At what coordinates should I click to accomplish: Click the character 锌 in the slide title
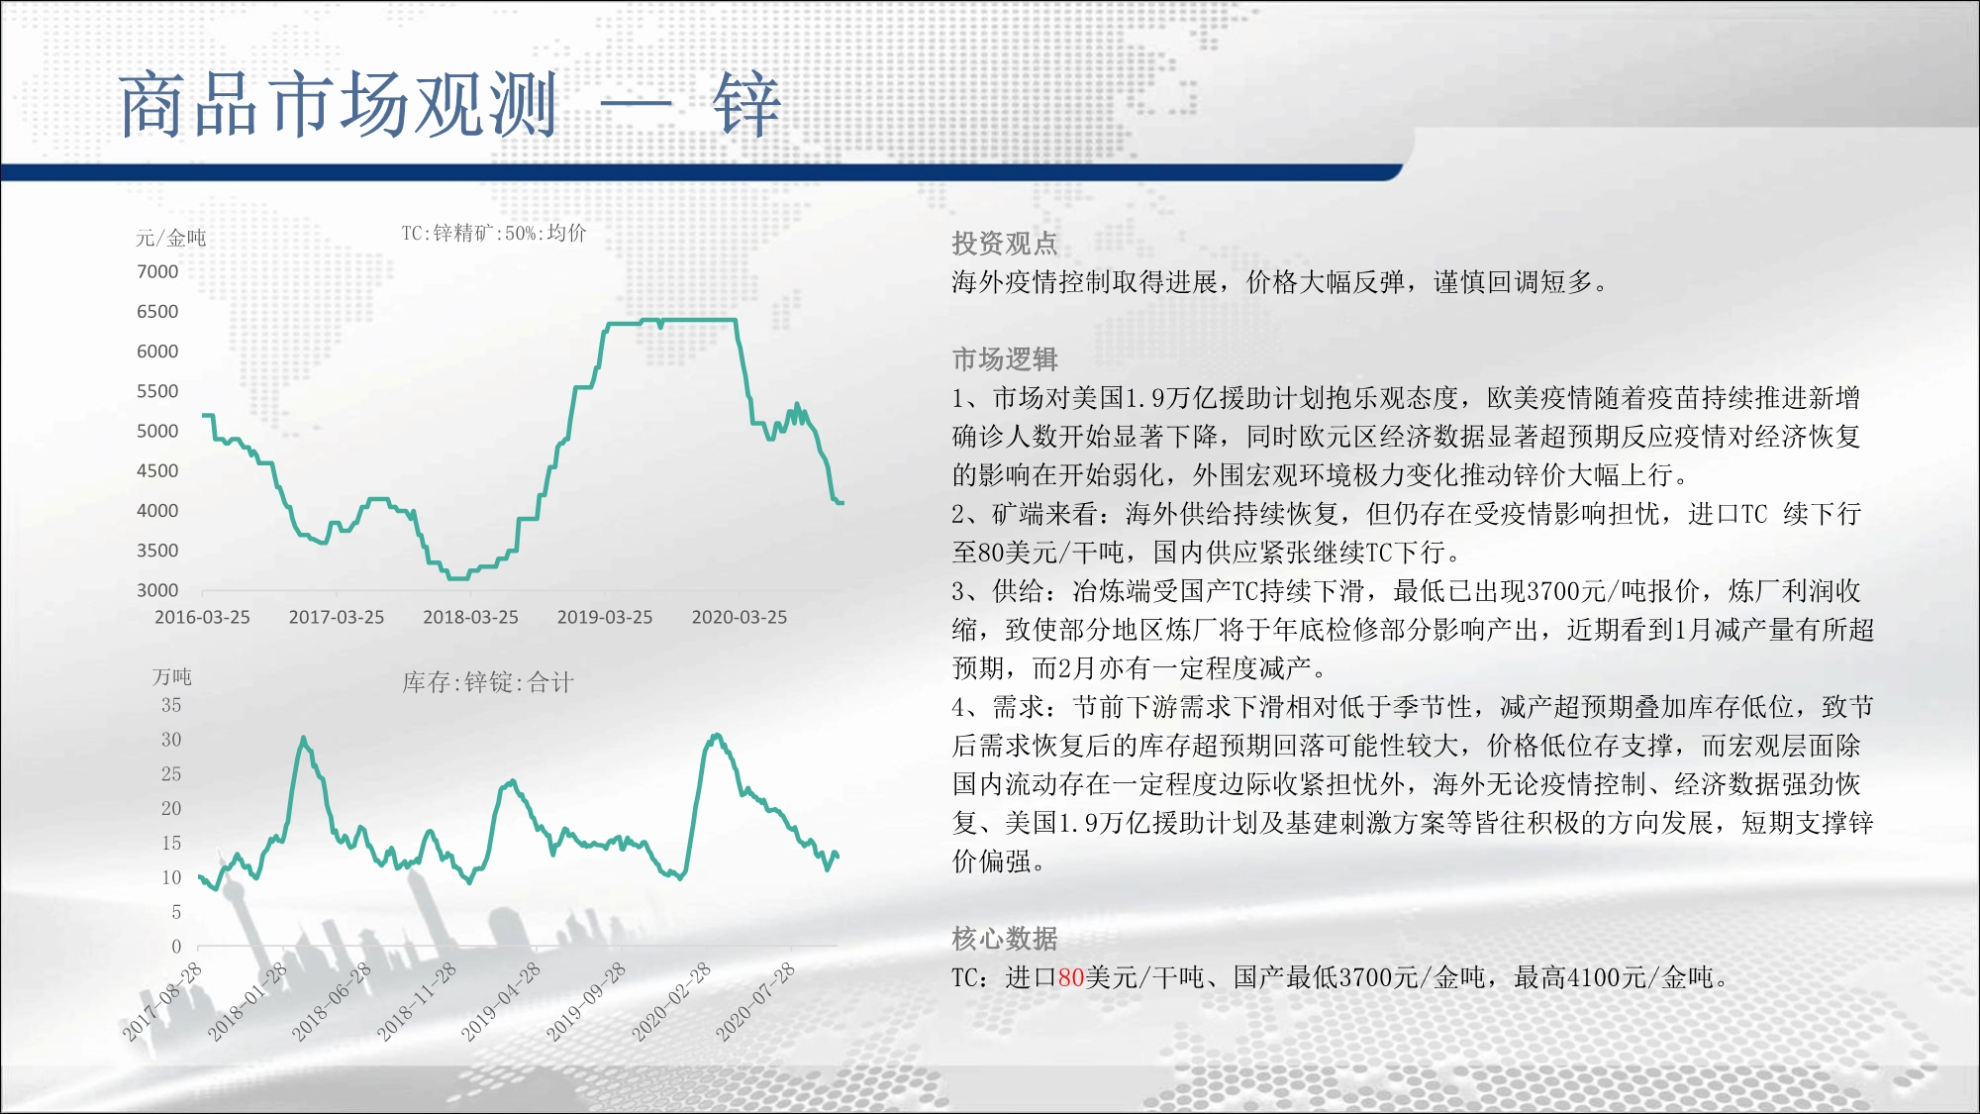pyautogui.click(x=746, y=104)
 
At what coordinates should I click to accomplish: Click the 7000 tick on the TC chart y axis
pyautogui.click(x=157, y=271)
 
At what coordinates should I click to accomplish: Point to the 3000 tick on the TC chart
pyautogui.click(x=157, y=590)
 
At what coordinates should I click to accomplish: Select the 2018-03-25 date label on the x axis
pyautogui.click(x=470, y=617)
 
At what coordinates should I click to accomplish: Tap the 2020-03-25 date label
pyautogui.click(x=740, y=617)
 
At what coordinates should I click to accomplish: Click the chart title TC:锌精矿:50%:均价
pyautogui.click(x=494, y=233)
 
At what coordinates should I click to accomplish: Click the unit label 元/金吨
pyautogui.click(x=171, y=238)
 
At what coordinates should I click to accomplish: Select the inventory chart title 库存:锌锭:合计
pyautogui.click(x=488, y=681)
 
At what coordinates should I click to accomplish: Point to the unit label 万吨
pyautogui.click(x=172, y=676)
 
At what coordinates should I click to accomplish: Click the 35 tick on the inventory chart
pyautogui.click(x=171, y=705)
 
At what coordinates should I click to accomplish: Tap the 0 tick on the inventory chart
pyautogui.click(x=176, y=946)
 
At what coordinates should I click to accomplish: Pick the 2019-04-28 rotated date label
pyautogui.click(x=501, y=1001)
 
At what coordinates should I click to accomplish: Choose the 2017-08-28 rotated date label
pyautogui.click(x=162, y=1001)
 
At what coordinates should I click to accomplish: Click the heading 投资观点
pyautogui.click(x=1005, y=244)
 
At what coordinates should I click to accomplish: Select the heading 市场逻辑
pyautogui.click(x=1005, y=358)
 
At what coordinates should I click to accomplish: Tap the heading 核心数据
pyautogui.click(x=1005, y=938)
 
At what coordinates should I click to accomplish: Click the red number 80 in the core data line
pyautogui.click(x=1071, y=977)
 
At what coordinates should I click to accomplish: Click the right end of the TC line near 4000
pyautogui.click(x=842, y=503)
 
